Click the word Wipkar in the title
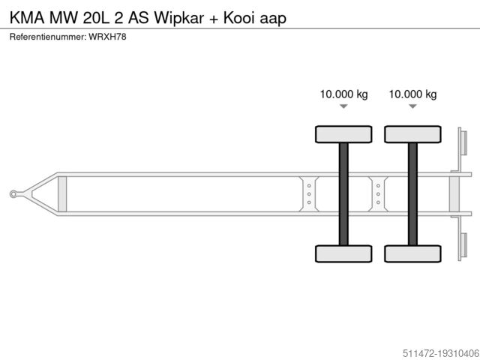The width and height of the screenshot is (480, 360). pyautogui.click(x=178, y=16)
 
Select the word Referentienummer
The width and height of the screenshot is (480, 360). pyautogui.click(x=47, y=36)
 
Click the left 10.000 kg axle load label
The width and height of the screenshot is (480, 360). pyautogui.click(x=343, y=94)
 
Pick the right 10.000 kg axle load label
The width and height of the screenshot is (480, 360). pyautogui.click(x=412, y=94)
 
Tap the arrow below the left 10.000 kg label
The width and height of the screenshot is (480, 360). pyautogui.click(x=343, y=107)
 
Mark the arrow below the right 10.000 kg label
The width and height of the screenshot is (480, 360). pyautogui.click(x=412, y=107)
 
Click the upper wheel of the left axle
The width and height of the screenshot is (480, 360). pyautogui.click(x=343, y=134)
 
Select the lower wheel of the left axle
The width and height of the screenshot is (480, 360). pyautogui.click(x=343, y=253)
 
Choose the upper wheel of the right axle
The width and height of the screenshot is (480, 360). pyautogui.click(x=412, y=134)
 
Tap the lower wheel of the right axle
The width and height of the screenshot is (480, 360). pyautogui.click(x=412, y=253)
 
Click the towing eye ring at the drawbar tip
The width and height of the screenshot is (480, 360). pyautogui.click(x=14, y=194)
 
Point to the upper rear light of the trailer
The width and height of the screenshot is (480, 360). pyautogui.click(x=463, y=143)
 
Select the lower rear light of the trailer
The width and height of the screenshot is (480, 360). pyautogui.click(x=463, y=245)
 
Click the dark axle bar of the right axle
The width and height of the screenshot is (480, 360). pyautogui.click(x=412, y=193)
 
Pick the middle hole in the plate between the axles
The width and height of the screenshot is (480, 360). pyautogui.click(x=378, y=194)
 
